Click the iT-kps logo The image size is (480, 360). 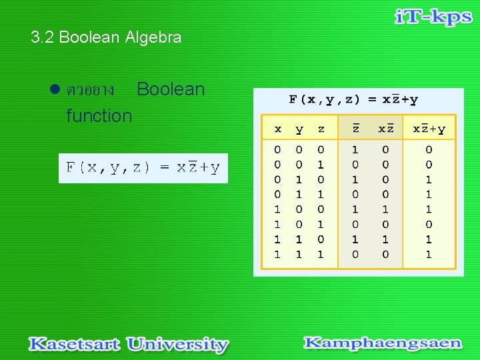[x=433, y=18]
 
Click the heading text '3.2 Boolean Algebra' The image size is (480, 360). [x=106, y=37]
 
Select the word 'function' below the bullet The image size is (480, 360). [x=99, y=116]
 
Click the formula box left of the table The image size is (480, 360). [x=143, y=168]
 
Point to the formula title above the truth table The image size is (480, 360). [x=353, y=100]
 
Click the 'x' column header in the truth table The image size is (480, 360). [x=278, y=129]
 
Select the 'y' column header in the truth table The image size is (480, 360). [x=299, y=129]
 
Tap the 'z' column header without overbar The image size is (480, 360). [x=321, y=129]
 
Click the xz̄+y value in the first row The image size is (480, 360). [x=429, y=151]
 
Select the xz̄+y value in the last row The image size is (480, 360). [x=429, y=254]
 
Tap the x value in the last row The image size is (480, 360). [x=278, y=254]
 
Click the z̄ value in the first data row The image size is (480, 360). [x=355, y=151]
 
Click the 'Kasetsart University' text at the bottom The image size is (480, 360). [x=129, y=345]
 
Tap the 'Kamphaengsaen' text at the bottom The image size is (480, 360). [x=383, y=343]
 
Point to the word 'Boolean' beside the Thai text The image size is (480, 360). [x=171, y=90]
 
